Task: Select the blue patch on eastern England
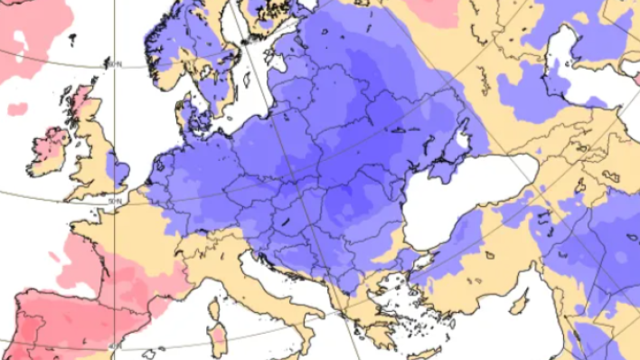pyautogui.click(x=116, y=168)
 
